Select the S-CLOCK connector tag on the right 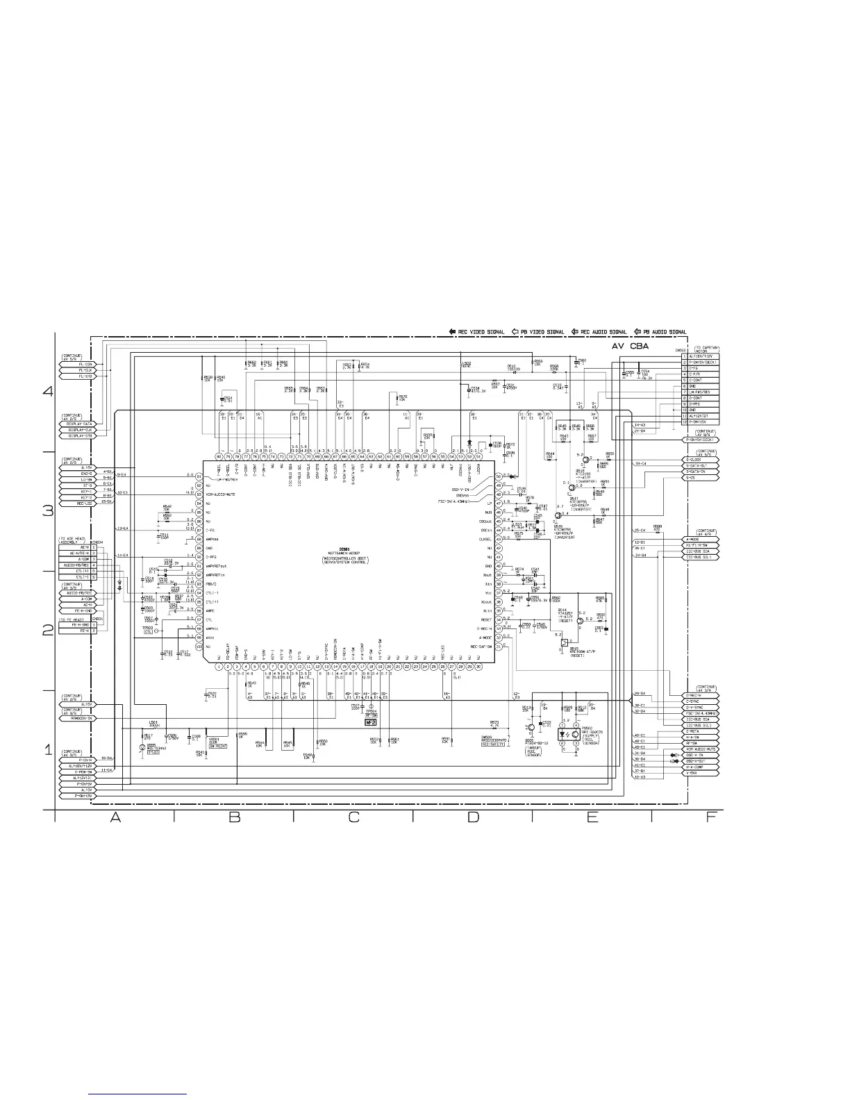(699, 460)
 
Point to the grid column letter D (473, 817)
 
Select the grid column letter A (115, 817)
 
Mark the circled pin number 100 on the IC (199, 647)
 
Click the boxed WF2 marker (371, 722)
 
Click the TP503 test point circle (158, 631)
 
